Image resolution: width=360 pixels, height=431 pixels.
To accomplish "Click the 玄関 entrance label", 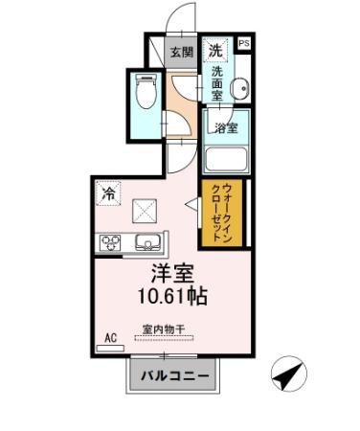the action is click(x=182, y=52).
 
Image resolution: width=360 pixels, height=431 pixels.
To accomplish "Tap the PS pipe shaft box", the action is click(x=244, y=43).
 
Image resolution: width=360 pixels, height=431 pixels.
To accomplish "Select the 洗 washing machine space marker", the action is click(x=215, y=50).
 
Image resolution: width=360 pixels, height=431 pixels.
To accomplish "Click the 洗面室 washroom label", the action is click(x=217, y=83).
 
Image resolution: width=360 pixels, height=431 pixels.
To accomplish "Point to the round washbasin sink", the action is click(x=239, y=87).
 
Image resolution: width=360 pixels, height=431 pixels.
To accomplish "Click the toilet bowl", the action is click(x=146, y=91).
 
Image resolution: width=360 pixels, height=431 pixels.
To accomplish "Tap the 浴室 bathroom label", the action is click(x=226, y=128).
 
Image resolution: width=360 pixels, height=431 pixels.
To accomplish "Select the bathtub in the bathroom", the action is click(x=226, y=159).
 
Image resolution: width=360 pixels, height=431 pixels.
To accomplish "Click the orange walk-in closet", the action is click(x=222, y=213).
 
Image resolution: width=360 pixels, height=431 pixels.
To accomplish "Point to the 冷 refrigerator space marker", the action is click(x=108, y=193).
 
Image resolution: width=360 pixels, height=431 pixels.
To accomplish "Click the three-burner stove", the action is click(x=110, y=243).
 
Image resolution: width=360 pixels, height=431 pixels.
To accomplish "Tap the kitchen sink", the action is click(x=147, y=242).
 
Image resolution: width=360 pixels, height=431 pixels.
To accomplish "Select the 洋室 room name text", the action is click(x=172, y=274).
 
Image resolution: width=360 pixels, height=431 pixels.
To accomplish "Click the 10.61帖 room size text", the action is click(x=172, y=296).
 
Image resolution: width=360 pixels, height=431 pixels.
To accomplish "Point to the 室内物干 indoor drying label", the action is click(x=164, y=329).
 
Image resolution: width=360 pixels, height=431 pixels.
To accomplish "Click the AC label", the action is click(x=110, y=337).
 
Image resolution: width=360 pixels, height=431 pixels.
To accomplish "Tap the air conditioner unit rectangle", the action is click(x=110, y=348).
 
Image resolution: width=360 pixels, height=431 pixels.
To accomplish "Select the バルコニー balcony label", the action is click(x=175, y=375).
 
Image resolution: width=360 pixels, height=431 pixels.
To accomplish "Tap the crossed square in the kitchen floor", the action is click(x=145, y=211).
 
